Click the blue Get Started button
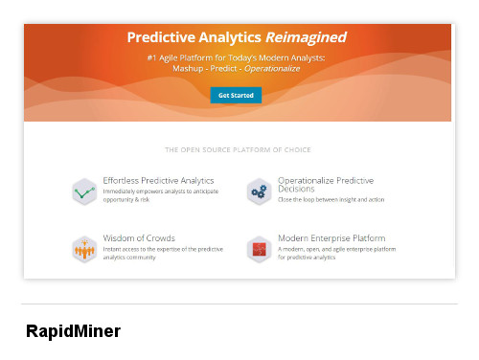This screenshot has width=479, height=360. [235, 96]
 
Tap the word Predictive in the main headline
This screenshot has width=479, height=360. [164, 38]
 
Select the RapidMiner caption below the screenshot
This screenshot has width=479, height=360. [73, 331]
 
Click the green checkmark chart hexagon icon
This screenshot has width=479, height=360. [85, 191]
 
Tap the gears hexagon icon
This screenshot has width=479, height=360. [258, 191]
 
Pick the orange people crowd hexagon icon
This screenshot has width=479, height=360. [85, 249]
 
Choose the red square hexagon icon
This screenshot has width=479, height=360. [258, 249]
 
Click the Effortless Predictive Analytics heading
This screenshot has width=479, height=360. [158, 180]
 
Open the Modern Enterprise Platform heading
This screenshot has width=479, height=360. [331, 237]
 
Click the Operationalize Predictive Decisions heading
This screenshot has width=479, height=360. [326, 185]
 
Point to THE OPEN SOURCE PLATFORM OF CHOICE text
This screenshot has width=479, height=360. [238, 150]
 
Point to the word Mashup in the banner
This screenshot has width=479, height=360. [189, 69]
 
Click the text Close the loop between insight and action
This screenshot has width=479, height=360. [331, 200]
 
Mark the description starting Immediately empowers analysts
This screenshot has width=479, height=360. [160, 195]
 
